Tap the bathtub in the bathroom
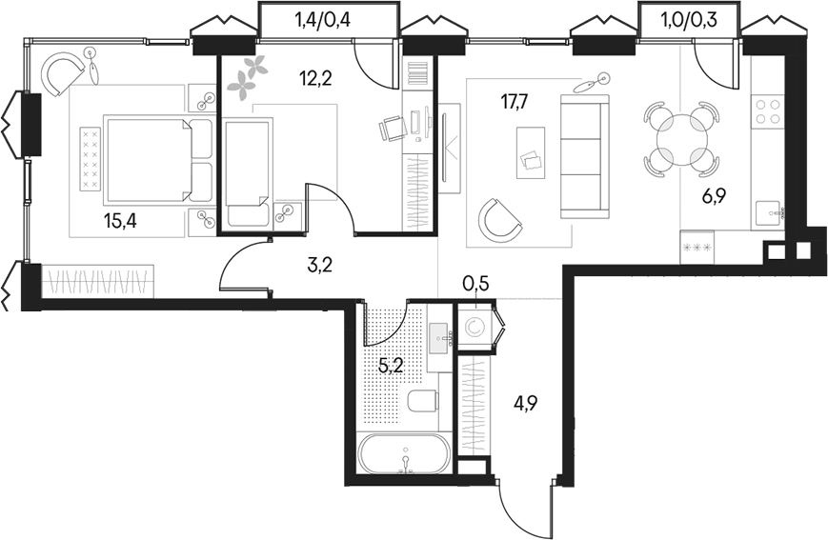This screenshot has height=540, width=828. tap(405, 456)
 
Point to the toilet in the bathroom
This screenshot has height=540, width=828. tap(419, 401)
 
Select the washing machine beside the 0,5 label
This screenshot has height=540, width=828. tap(475, 328)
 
